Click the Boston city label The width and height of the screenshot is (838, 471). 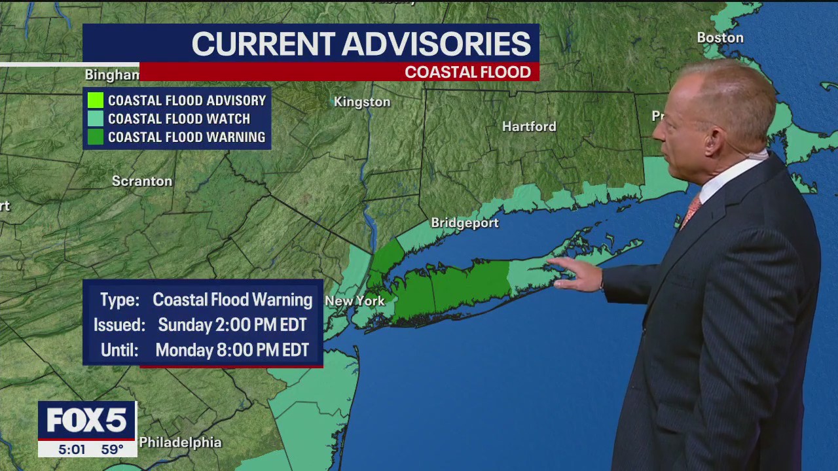pos(720,38)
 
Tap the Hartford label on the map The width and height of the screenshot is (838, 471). pos(529,126)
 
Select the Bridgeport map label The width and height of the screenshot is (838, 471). pos(465,223)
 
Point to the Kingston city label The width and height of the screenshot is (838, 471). pos(362,102)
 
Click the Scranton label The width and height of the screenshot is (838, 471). pos(142,181)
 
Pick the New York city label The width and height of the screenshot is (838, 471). pos(355,301)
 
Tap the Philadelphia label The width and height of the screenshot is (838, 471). pos(180,443)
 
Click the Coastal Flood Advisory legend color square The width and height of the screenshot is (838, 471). pos(96,101)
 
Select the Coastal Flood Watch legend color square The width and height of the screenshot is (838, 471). pos(96,119)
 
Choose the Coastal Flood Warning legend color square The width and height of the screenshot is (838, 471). pos(96,137)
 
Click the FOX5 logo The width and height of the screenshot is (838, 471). pos(86,421)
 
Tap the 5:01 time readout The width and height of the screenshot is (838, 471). pos(72,449)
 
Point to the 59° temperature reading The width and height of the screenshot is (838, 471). pos(112,449)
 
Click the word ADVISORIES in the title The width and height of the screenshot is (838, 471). pos(437,44)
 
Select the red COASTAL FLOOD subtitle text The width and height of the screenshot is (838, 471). pos(467,72)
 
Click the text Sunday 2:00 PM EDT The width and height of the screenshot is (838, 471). pos(232,325)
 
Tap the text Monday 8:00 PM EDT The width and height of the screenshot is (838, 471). pos(232,350)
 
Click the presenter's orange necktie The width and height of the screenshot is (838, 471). pos(690,211)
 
